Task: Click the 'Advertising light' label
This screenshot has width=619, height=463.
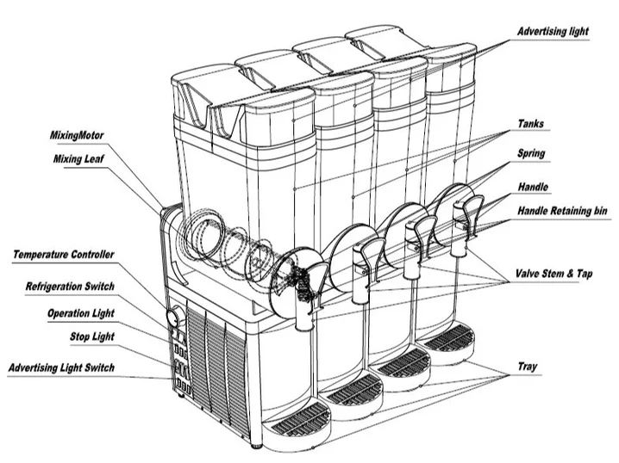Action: coord(553,32)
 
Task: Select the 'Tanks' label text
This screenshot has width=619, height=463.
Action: coord(533,124)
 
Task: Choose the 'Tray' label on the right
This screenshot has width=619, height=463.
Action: coord(528,365)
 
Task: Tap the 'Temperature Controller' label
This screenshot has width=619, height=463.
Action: coord(64,255)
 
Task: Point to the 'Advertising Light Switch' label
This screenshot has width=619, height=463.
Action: coord(61,367)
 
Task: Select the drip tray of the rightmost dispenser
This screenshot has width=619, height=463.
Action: coord(449,337)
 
